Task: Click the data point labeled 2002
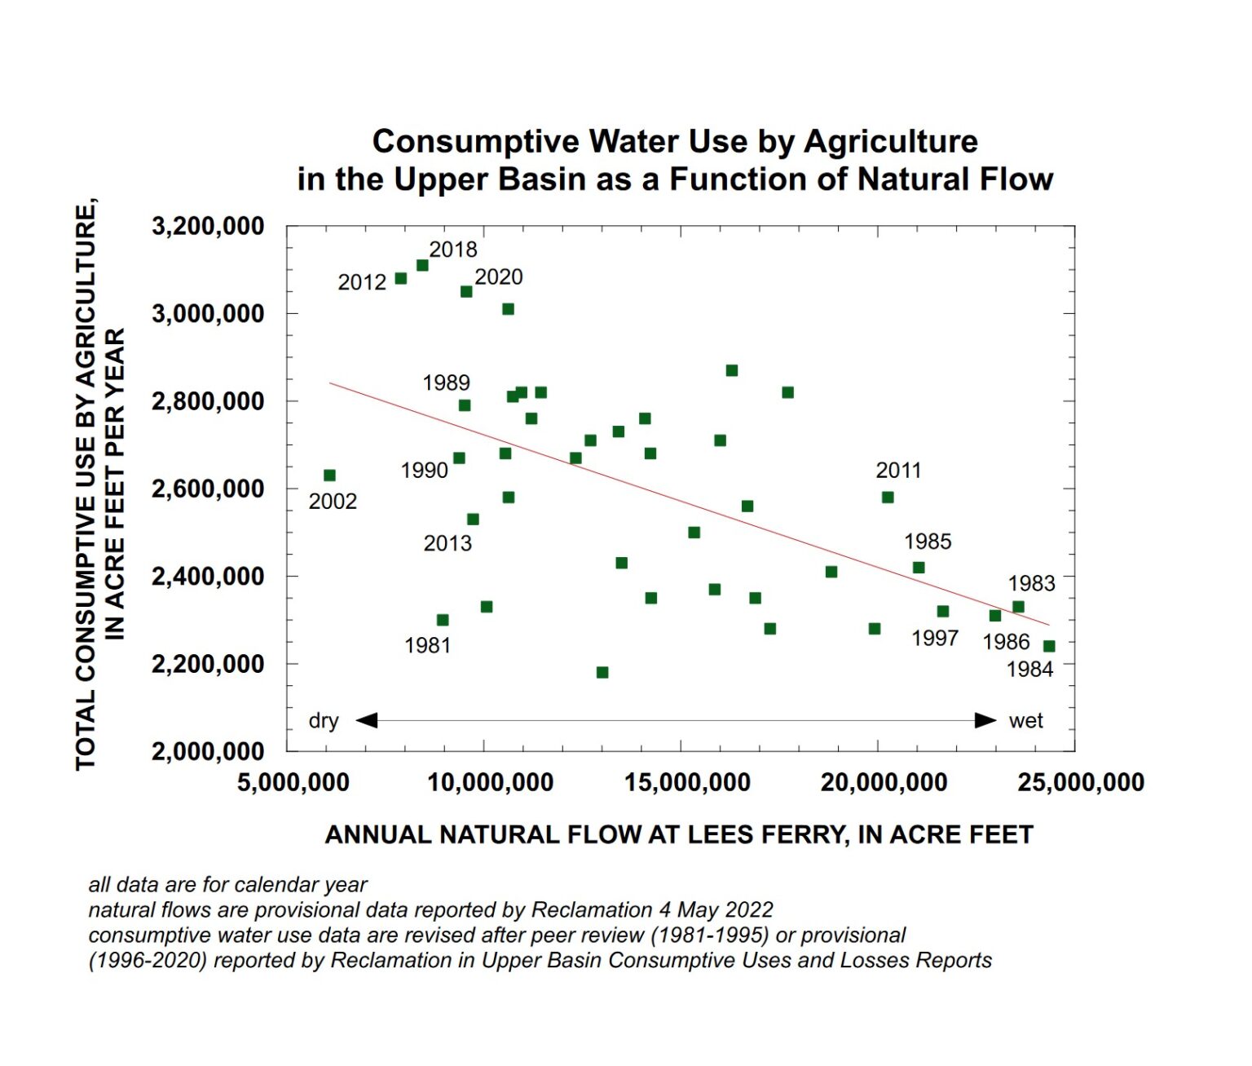pos(329,475)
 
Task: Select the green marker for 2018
pos(422,265)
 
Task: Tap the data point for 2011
pos(888,498)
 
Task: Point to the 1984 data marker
pos(1049,646)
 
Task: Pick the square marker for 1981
pos(443,620)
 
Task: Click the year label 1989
pos(446,383)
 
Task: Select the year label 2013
pos(447,543)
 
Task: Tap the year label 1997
pos(935,638)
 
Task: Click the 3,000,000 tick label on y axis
pos(208,313)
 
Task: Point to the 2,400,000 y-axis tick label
pos(208,576)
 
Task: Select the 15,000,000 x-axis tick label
pos(687,783)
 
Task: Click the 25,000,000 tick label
pos(1081,783)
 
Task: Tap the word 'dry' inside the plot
pos(324,721)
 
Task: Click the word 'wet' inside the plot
pos(1025,721)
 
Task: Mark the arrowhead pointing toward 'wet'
pos(986,720)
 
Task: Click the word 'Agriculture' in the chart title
pos(891,142)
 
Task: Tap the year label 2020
pos(499,277)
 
